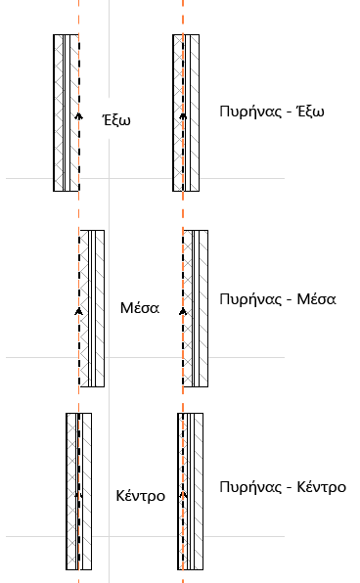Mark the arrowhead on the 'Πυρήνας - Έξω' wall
pyautogui.click(x=183, y=118)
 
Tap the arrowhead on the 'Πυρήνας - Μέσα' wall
pyautogui.click(x=183, y=309)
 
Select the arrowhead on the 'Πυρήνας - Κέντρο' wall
pyautogui.click(x=183, y=495)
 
